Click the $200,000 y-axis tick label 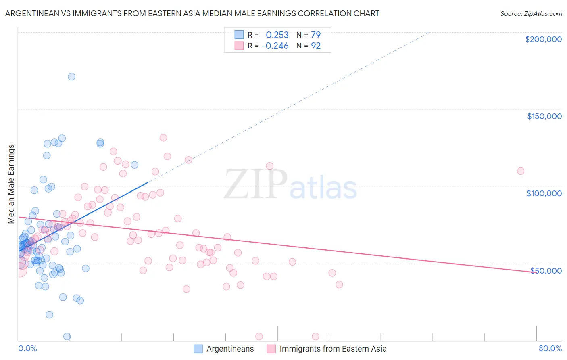coord(543,39)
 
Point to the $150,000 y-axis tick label coord(544,116)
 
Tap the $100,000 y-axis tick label coord(544,193)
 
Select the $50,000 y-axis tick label coord(546,271)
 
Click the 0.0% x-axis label coord(27,348)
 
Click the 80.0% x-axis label coord(550,348)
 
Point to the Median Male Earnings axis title coord(11,184)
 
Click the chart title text coord(192,13)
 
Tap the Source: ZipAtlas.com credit coord(531,13)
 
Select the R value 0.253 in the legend coord(277,35)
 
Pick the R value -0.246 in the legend coord(275,46)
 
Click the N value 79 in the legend coord(315,35)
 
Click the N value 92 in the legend coord(315,46)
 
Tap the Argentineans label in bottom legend coord(230,349)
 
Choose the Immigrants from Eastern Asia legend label coord(333,349)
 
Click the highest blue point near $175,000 coord(71,77)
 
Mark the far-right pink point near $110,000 coord(520,171)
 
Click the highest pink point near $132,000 coord(163,138)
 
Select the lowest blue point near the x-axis coord(67,337)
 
